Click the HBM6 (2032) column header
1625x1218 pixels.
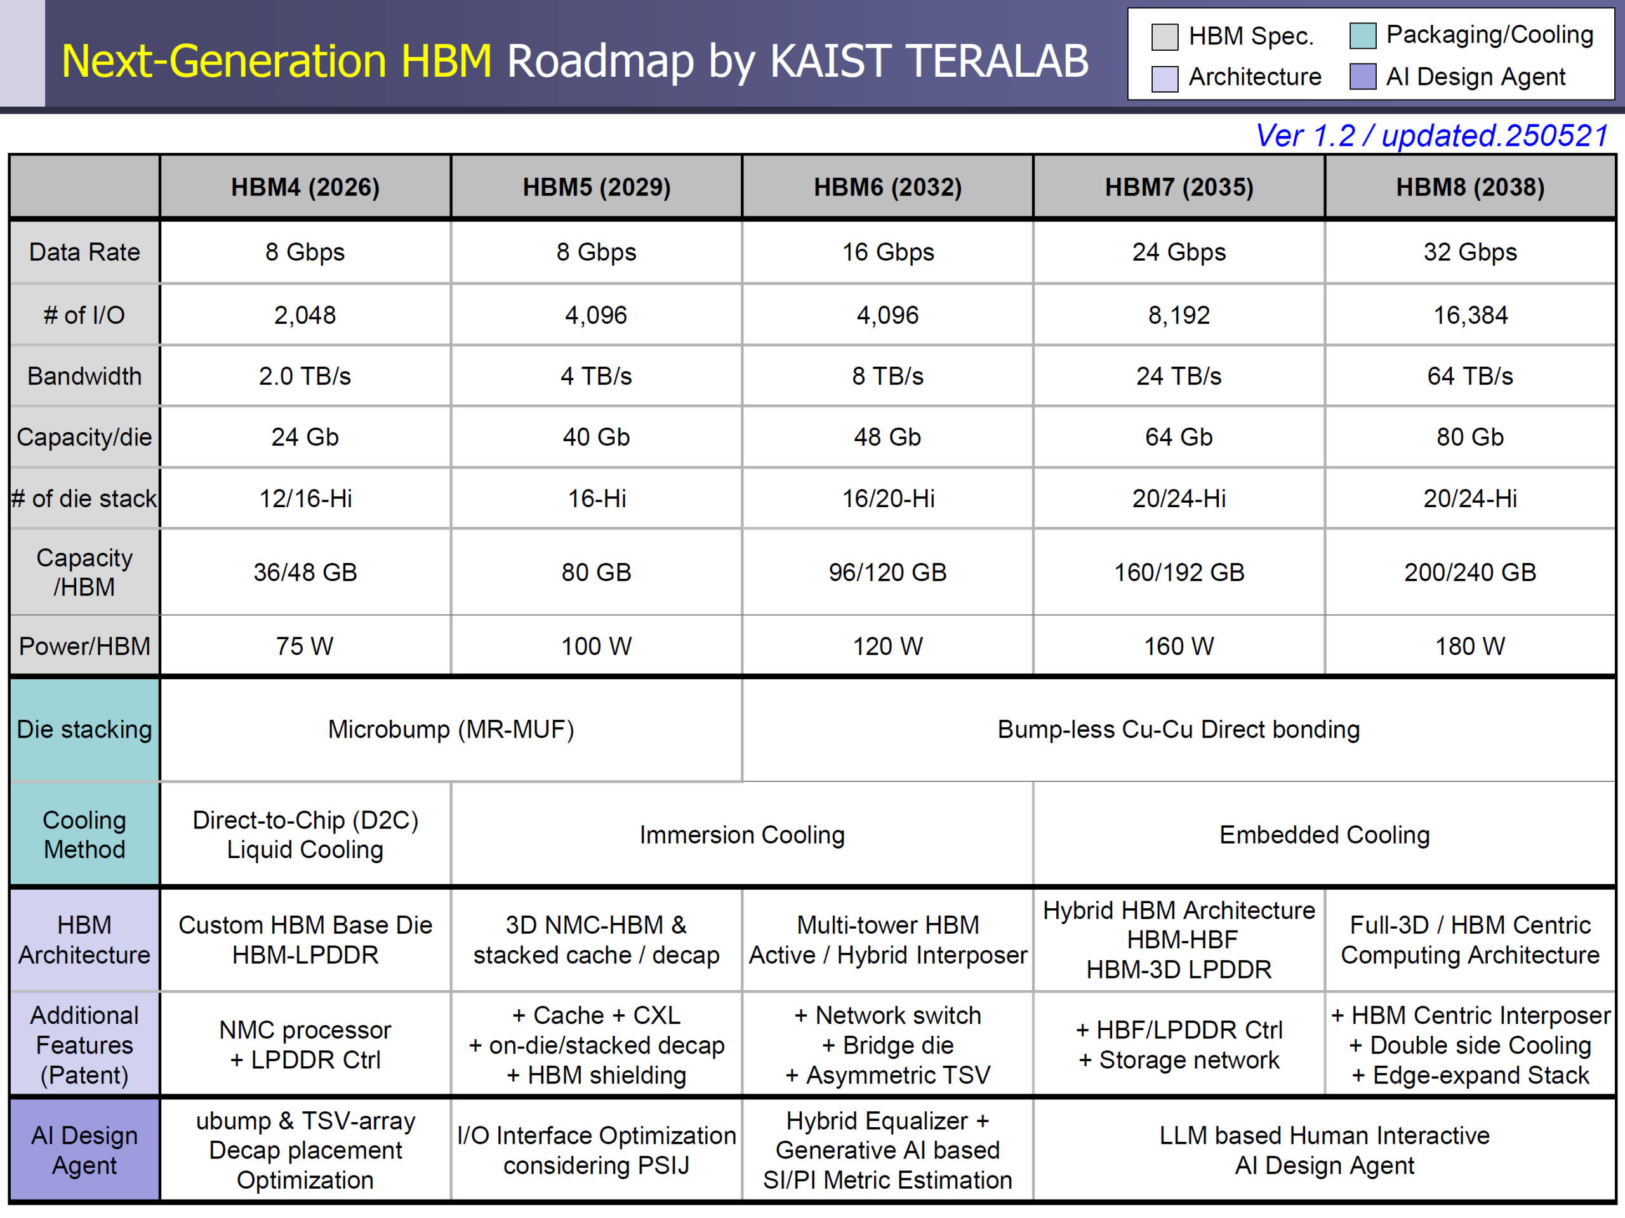tap(887, 187)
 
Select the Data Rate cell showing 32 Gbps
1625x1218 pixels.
tap(1470, 252)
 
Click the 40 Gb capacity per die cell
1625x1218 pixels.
tap(597, 437)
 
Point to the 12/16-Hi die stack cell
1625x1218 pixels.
tap(305, 499)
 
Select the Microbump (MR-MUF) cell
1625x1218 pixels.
tap(451, 729)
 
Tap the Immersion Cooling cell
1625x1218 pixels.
tap(742, 835)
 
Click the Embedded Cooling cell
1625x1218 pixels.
tap(1325, 835)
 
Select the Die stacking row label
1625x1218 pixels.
tap(84, 729)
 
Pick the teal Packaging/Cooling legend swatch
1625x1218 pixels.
tap(1363, 36)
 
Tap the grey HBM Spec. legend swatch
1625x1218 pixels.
tap(1164, 37)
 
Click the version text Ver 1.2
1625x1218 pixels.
tap(1306, 136)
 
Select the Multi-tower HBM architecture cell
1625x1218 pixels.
tap(887, 939)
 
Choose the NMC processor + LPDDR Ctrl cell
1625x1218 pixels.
tap(305, 1045)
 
